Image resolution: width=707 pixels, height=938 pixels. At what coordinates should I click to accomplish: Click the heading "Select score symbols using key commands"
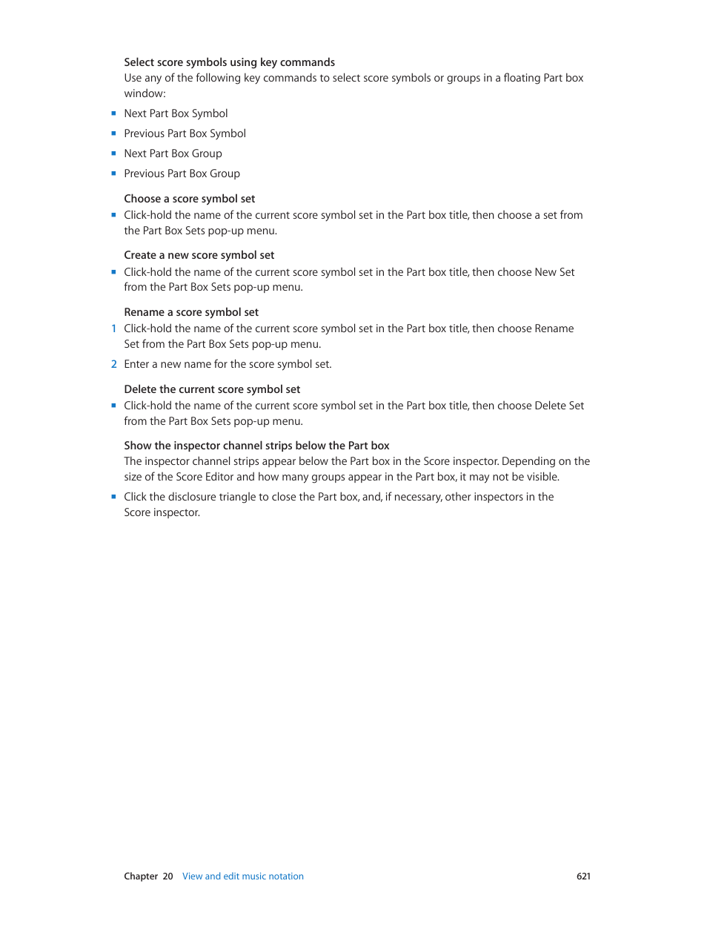point(229,62)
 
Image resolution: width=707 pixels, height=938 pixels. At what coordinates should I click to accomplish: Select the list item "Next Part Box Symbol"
point(176,113)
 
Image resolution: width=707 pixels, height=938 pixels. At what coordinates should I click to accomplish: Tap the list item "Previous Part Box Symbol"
point(185,133)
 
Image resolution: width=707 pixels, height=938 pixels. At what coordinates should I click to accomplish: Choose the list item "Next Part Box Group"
point(173,153)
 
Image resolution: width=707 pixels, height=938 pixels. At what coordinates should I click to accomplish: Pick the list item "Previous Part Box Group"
point(182,174)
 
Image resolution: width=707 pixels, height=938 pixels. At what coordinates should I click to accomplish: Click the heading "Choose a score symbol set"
point(189,199)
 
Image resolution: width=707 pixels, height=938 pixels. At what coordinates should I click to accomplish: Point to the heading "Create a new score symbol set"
point(199,255)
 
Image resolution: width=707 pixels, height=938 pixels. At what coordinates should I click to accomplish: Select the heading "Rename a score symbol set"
point(191,312)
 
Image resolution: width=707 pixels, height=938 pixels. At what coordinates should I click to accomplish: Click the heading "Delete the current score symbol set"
point(212,389)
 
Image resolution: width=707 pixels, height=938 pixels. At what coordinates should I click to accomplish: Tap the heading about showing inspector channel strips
point(256,446)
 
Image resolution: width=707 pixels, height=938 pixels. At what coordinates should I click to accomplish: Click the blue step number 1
point(113,328)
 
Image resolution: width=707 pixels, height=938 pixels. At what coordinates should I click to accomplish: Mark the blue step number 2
point(113,364)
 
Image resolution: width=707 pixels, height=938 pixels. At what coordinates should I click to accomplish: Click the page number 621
point(583,876)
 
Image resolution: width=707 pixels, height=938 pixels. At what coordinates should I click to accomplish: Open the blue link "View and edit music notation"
point(243,876)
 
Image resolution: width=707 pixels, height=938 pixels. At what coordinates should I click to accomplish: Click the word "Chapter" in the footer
point(141,876)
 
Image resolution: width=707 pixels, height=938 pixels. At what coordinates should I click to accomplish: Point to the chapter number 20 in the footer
point(167,876)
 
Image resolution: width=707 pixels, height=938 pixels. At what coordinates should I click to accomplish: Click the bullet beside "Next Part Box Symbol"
point(113,113)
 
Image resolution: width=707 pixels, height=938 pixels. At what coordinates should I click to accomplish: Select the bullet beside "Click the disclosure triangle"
point(113,497)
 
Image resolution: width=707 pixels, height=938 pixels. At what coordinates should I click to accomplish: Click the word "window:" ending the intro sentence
point(145,93)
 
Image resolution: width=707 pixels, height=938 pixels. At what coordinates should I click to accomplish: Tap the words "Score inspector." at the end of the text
point(162,512)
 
